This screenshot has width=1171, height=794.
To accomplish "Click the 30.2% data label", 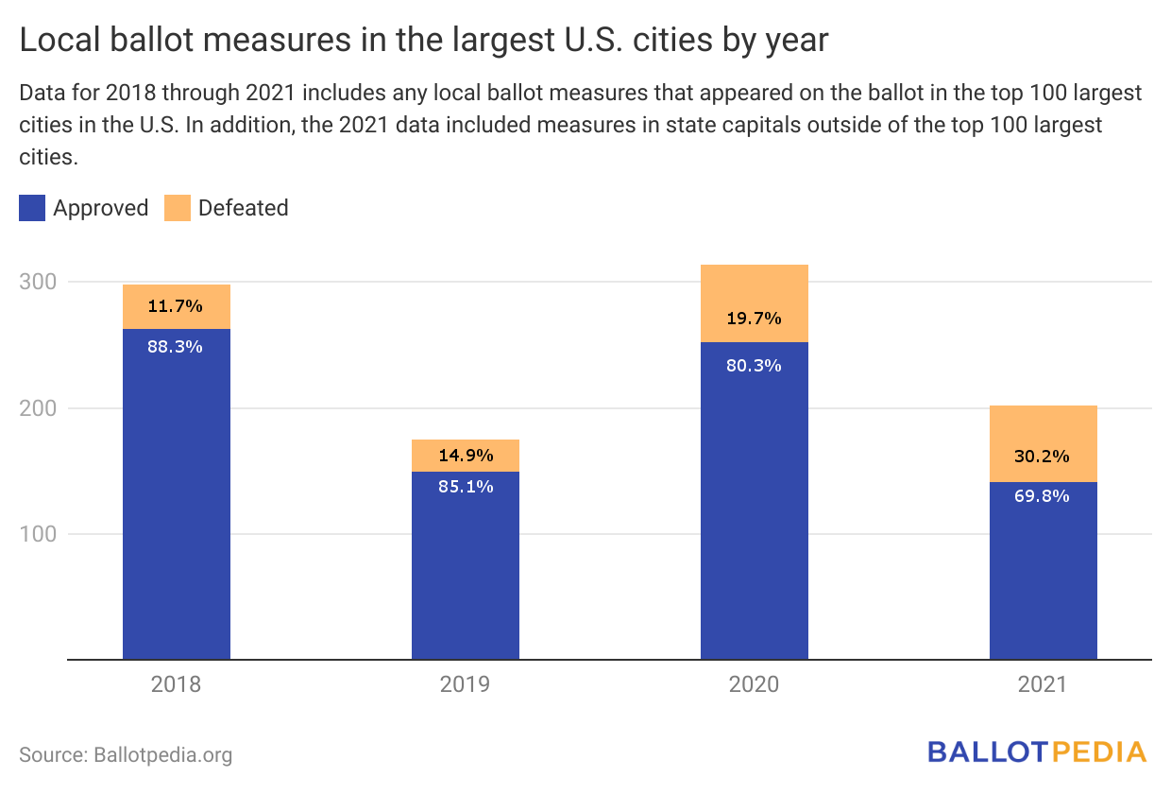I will tap(1044, 457).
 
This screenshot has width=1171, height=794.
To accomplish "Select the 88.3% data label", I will tap(176, 347).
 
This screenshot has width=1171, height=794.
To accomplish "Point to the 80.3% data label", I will tap(755, 365).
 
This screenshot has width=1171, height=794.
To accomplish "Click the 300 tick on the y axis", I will tap(38, 282).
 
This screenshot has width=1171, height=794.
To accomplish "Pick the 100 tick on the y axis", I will tap(38, 534).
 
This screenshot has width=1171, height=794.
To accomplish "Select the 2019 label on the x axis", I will tap(466, 684).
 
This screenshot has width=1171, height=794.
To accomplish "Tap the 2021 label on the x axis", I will tap(1043, 684).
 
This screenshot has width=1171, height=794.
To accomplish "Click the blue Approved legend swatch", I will tap(32, 208).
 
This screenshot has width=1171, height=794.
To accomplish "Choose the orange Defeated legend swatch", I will tap(178, 208).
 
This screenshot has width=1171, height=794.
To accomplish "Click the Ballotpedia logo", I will tap(1037, 752).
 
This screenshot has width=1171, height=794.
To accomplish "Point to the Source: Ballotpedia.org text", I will tap(126, 755).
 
